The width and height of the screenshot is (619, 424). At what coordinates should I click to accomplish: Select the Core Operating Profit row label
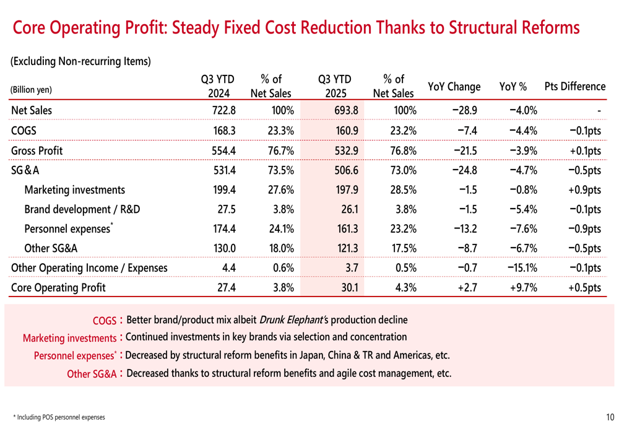coord(58,288)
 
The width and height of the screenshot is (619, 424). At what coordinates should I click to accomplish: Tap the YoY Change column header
coord(454,87)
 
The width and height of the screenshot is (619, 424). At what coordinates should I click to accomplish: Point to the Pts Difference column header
coord(574,87)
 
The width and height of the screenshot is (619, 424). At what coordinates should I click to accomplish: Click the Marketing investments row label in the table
coord(74,190)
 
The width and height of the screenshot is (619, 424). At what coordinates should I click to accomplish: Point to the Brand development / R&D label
coord(82,209)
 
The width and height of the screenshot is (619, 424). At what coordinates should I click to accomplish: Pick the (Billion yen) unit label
coord(32,90)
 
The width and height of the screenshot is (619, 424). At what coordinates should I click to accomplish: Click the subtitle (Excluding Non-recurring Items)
coord(80,61)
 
